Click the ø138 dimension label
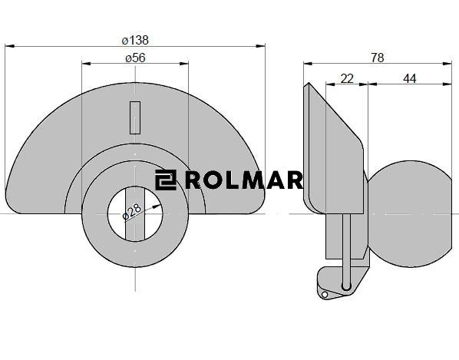tap(135, 40)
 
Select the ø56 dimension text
tap(135, 58)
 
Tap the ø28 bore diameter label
tap(132, 211)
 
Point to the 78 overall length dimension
tap(378, 58)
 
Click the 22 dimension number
tap(347, 78)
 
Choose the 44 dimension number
tap(410, 78)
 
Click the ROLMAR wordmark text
tap(244, 180)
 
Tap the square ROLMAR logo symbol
tap(166, 180)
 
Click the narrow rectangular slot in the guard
tap(135, 117)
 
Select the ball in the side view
tap(411, 213)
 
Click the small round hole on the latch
tap(325, 295)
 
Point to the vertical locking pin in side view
tap(346, 252)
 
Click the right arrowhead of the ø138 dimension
tap(260, 46)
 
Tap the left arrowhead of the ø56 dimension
tap(87, 63)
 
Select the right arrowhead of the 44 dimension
tap(447, 84)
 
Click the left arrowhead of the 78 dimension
tap(309, 63)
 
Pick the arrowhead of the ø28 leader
tap(157, 206)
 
